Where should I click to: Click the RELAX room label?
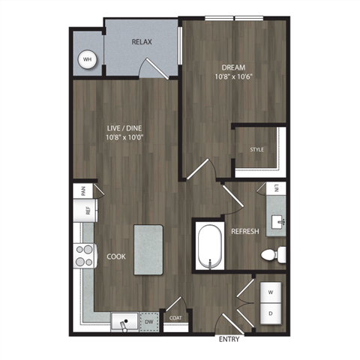142,42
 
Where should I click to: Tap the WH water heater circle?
87,58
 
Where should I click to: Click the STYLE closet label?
257,150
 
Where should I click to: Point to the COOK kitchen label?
115,256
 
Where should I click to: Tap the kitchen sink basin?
122,323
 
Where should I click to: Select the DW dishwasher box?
148,323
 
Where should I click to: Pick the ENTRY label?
229,340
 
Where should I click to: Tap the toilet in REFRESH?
273,255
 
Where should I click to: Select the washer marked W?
270,289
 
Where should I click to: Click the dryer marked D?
270,310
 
